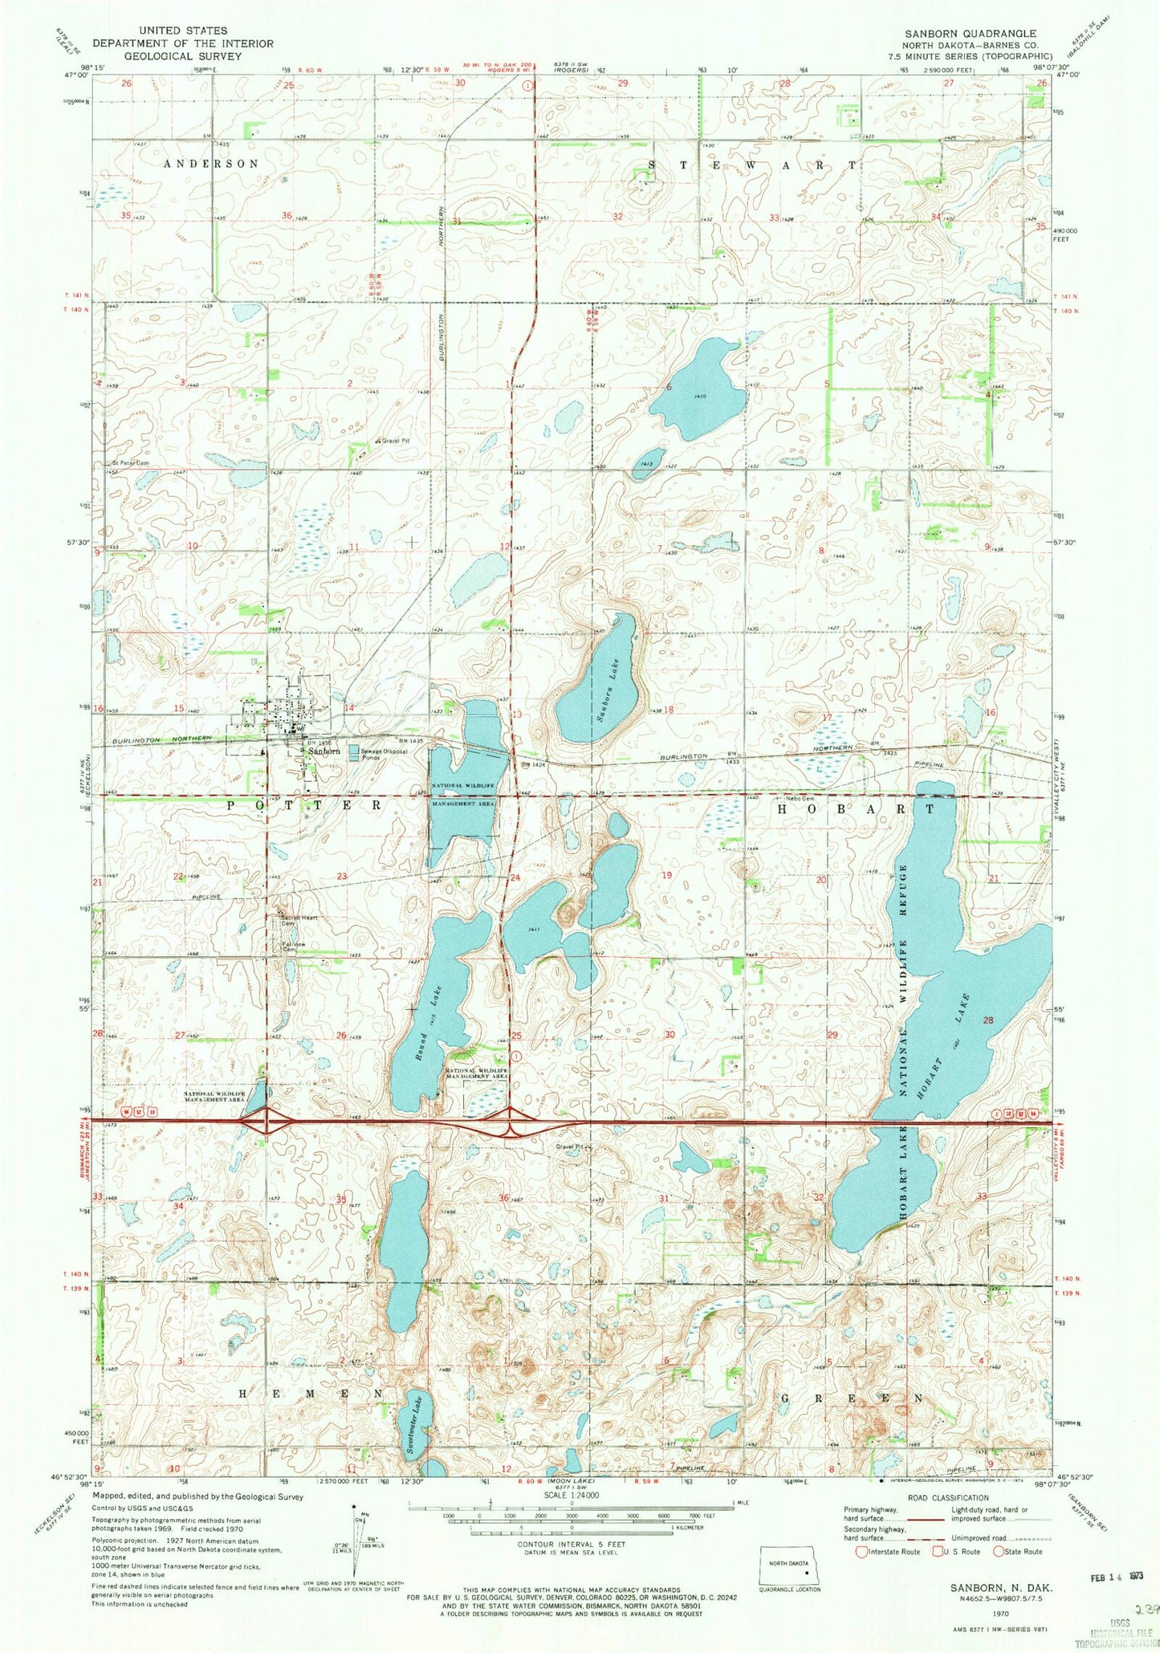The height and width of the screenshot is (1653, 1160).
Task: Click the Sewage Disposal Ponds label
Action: coord(384,754)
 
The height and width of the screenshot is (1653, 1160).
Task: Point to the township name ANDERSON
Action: coord(211,164)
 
